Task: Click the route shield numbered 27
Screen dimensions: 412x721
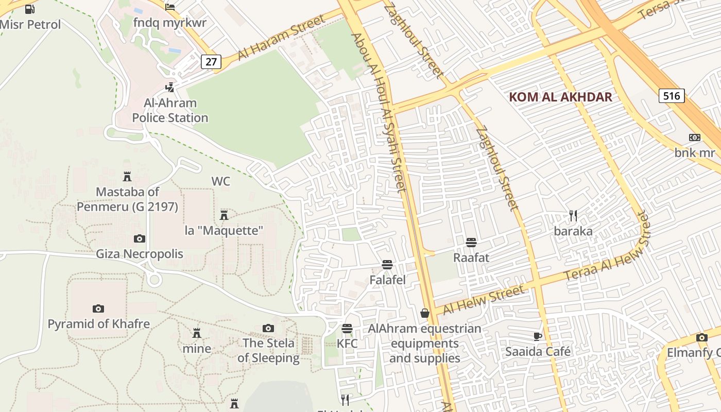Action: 211,62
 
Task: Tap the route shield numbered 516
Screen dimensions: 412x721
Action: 671,95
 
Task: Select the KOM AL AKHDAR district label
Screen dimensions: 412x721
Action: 560,97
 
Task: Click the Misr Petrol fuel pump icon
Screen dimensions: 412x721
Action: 30,9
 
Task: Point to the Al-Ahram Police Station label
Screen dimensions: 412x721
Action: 170,110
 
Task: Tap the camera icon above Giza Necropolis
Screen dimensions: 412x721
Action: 139,238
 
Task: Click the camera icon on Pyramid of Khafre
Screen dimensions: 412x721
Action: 98,308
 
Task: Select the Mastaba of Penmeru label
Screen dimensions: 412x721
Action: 127,199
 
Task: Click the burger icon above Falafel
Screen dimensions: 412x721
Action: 387,265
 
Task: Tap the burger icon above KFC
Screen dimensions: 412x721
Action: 347,329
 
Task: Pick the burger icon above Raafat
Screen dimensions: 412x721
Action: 471,242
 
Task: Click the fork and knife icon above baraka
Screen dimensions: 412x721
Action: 573,215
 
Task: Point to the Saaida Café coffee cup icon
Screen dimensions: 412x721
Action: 537,336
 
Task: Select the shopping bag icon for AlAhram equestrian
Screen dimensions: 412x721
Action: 425,313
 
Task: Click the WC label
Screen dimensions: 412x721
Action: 220,181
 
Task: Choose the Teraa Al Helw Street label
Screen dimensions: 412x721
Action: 608,253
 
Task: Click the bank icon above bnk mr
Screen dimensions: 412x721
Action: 695,138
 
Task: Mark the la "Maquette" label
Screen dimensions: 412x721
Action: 224,230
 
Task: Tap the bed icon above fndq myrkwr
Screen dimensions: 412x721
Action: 170,7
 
